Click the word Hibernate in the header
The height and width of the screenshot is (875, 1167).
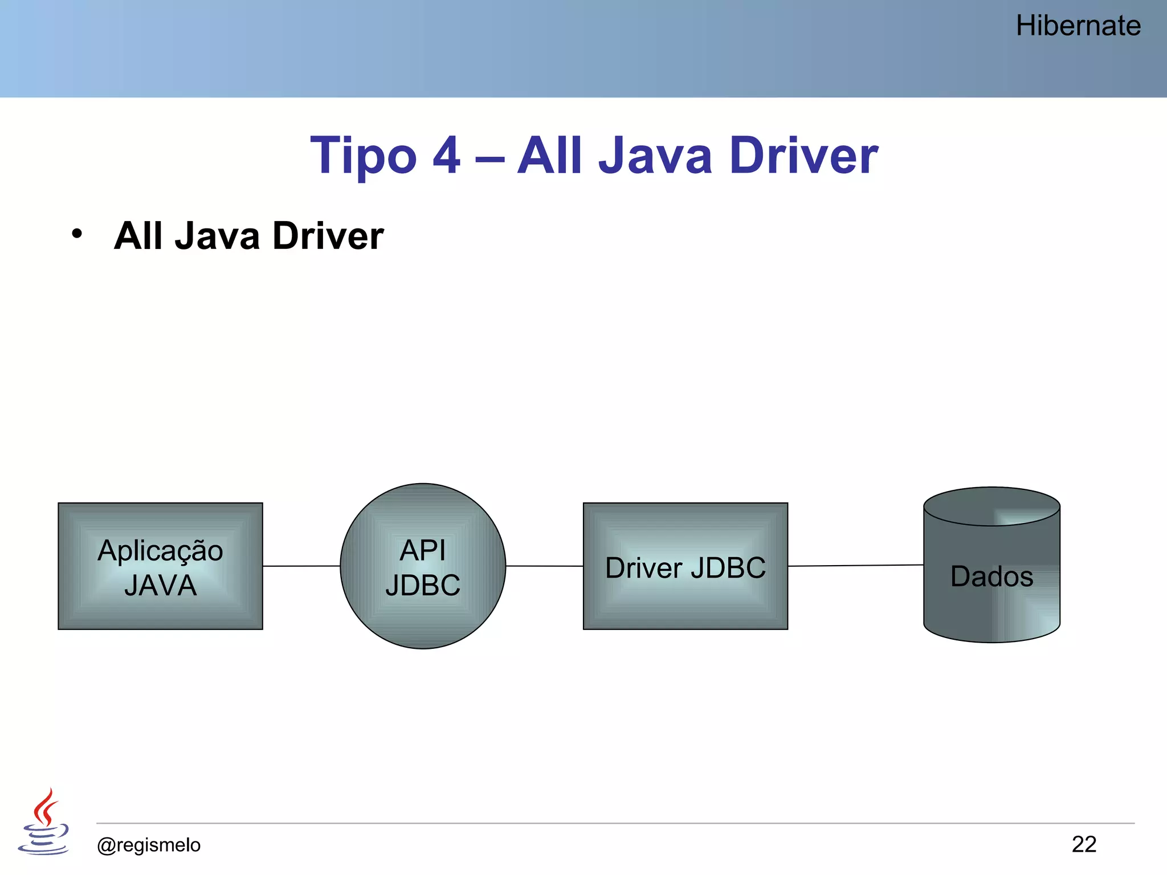(x=1078, y=26)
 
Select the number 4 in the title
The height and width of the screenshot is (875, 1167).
(x=446, y=156)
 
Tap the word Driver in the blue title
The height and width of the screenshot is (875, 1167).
(x=803, y=156)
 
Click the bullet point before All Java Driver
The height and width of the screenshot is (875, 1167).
(x=77, y=234)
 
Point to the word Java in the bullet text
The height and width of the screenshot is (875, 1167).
(x=217, y=236)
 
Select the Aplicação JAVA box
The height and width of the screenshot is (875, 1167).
(x=160, y=566)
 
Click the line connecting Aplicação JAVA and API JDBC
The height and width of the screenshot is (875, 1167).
(x=301, y=566)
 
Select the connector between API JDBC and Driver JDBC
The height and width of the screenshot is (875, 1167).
(x=544, y=566)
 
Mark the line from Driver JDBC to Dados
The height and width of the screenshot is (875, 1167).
(x=855, y=566)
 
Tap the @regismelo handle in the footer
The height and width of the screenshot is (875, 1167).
(x=149, y=845)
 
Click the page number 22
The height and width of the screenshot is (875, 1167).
(x=1084, y=844)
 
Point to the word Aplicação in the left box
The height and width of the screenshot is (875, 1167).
(x=160, y=551)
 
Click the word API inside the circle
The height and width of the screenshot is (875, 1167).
(x=423, y=550)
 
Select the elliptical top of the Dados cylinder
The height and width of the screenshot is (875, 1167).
(x=991, y=506)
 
